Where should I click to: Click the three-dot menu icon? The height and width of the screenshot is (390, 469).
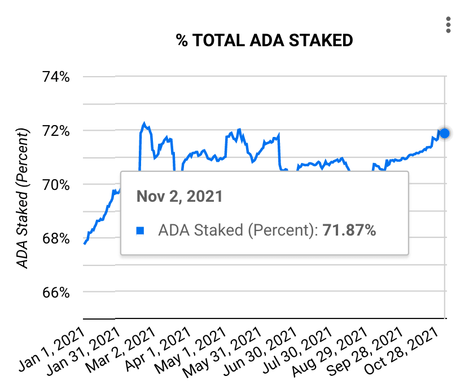(x=448, y=25)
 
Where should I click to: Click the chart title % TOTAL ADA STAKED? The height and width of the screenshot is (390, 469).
(x=264, y=41)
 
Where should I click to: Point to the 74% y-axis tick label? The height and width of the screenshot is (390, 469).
(x=56, y=77)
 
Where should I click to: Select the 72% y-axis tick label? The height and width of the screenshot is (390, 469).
(x=56, y=131)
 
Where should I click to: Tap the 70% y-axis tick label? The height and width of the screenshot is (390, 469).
(x=56, y=184)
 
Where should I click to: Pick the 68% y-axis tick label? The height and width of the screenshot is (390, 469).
(x=56, y=238)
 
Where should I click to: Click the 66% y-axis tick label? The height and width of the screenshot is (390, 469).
(x=56, y=292)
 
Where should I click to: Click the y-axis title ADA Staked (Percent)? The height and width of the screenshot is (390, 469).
(x=22, y=198)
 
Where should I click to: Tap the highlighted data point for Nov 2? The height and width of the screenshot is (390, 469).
(x=444, y=133)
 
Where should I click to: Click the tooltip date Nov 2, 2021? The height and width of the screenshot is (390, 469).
(x=179, y=197)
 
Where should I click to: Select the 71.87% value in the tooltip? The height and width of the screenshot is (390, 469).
(x=349, y=230)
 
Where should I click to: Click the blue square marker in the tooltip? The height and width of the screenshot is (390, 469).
(x=141, y=231)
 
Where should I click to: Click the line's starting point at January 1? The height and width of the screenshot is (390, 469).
(x=84, y=243)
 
